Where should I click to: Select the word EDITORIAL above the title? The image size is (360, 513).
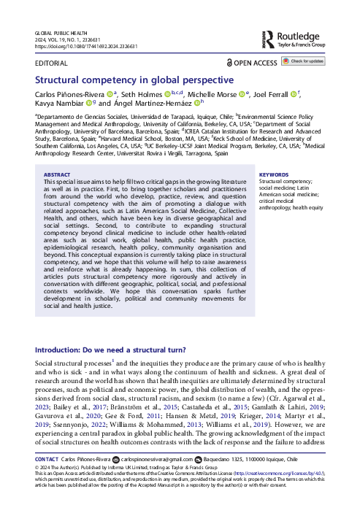click(51, 63)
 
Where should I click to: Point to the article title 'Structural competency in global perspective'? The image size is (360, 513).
click(134, 80)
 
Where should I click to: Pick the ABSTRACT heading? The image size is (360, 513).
click(58, 175)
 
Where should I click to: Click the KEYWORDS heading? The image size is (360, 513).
click(275, 175)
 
